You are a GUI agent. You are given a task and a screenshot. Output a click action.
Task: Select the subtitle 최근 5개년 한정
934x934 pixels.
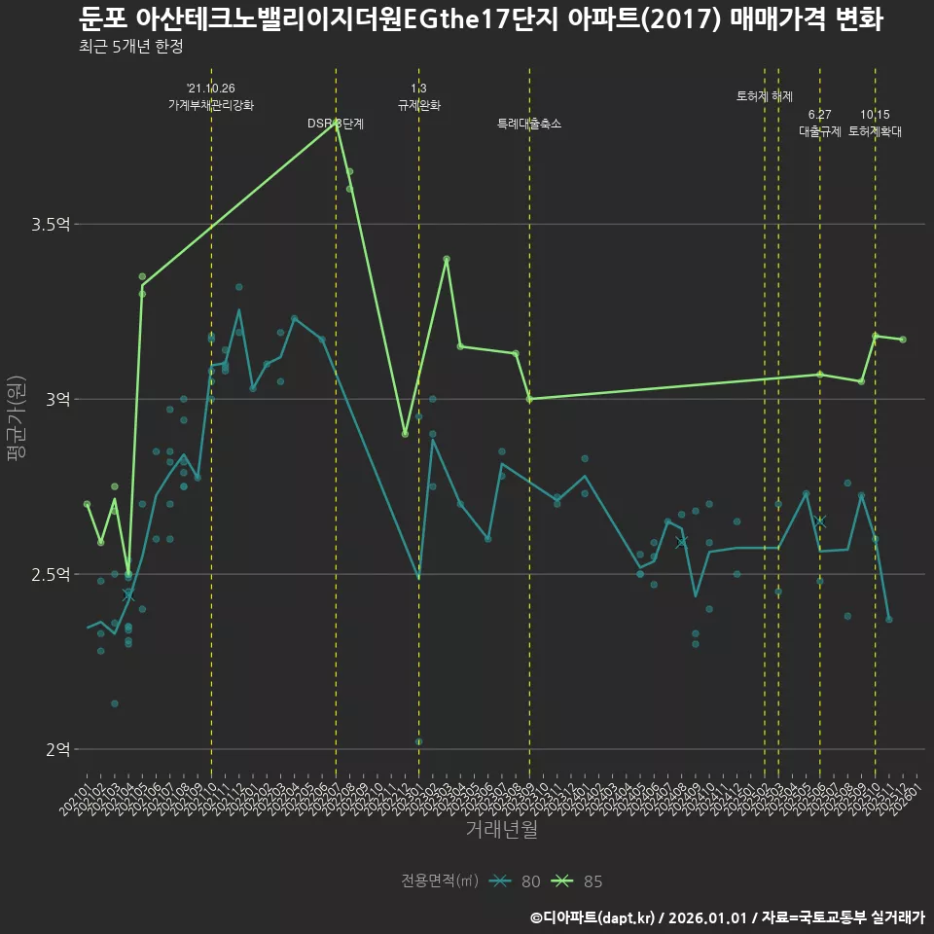[x=130, y=47]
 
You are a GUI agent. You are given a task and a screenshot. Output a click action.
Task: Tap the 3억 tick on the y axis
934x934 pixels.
[x=57, y=400]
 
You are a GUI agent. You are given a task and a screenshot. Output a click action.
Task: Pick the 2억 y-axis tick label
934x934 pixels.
[x=57, y=749]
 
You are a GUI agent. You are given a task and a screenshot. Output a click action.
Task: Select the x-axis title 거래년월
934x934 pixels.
[x=501, y=829]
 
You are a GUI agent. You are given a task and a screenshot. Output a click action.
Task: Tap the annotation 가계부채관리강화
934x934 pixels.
[x=211, y=105]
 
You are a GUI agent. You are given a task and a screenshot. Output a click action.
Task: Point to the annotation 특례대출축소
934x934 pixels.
[x=528, y=124]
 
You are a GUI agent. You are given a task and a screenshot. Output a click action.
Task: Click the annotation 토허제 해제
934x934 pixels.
[x=765, y=96]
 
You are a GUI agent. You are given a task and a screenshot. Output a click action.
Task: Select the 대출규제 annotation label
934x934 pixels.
[x=819, y=131]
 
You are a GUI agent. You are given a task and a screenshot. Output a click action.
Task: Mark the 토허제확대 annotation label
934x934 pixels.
[x=875, y=131]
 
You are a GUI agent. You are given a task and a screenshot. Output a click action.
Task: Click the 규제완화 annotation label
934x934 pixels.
[x=419, y=105]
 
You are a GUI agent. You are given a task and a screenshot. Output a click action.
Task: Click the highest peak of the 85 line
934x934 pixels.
[x=337, y=123]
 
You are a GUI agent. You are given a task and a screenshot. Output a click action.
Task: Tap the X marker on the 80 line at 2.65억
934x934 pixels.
[x=819, y=521]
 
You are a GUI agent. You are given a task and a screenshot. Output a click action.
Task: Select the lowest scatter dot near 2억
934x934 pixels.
[x=419, y=741]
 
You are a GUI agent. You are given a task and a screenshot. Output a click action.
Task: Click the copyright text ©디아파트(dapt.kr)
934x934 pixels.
[x=595, y=916]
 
